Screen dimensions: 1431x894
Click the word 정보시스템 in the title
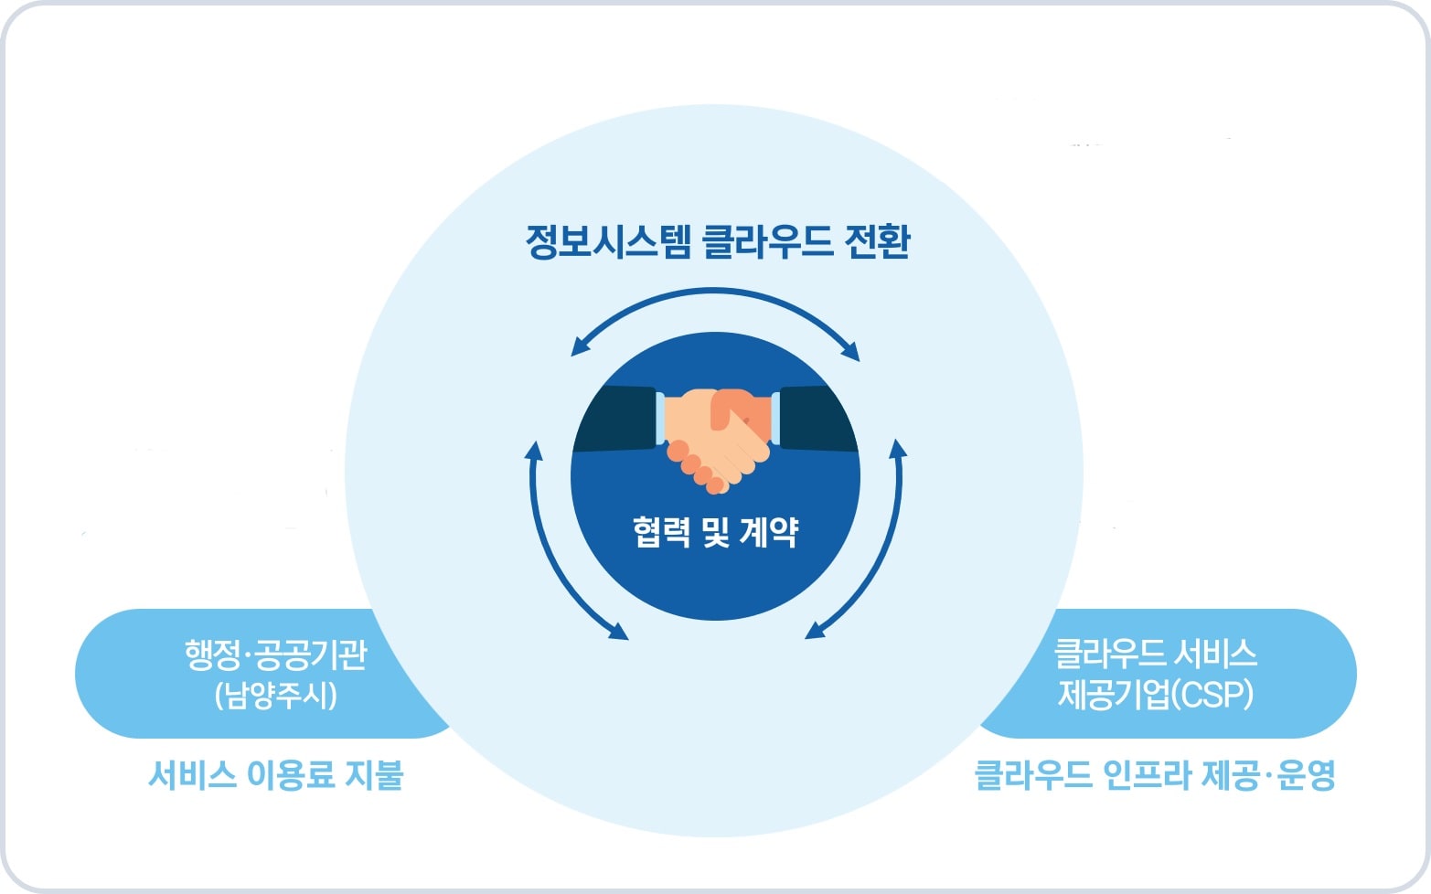tap(608, 242)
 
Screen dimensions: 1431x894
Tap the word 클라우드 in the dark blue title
tap(767, 242)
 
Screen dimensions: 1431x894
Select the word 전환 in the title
tap(877, 242)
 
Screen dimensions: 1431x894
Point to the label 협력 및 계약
tap(715, 532)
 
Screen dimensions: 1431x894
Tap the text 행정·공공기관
tap(276, 655)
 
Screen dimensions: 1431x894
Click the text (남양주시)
tap(276, 696)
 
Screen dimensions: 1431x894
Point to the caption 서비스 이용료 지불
tap(276, 775)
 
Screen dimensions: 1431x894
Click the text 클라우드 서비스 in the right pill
tap(1155, 654)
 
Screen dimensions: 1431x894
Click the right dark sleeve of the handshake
tap(817, 419)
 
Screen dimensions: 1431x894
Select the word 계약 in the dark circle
tap(769, 532)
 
